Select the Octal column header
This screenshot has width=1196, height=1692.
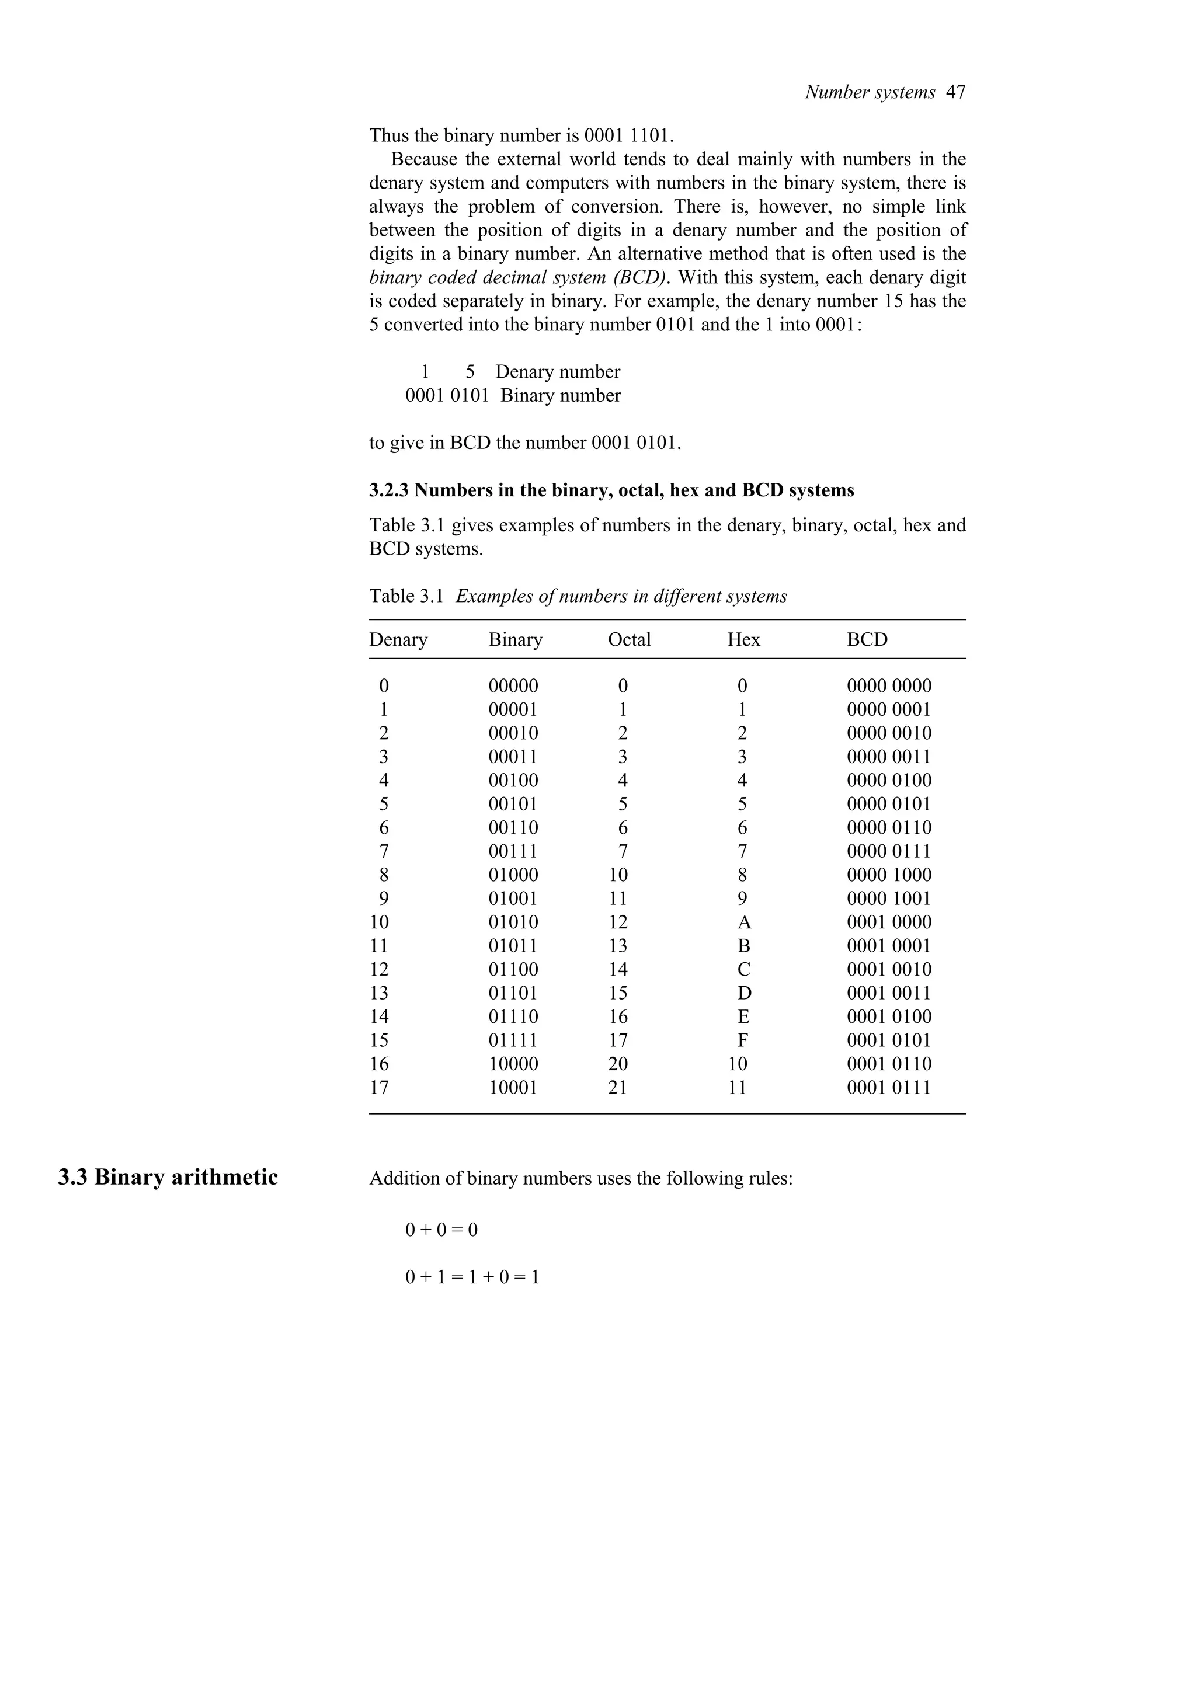(x=628, y=640)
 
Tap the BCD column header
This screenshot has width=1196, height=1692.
(x=867, y=640)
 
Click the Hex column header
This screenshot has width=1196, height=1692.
(x=743, y=640)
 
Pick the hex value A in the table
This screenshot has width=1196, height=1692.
(x=743, y=922)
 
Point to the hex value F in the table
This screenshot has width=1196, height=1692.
(x=743, y=1040)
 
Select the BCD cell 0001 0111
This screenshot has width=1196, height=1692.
(x=888, y=1088)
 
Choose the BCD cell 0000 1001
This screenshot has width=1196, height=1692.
(x=888, y=899)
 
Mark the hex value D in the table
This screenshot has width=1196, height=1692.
(x=743, y=993)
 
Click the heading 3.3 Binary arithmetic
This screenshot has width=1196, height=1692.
(x=168, y=1177)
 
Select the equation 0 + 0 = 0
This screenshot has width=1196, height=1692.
(x=441, y=1230)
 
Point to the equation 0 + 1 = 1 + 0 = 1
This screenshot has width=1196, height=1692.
(x=472, y=1277)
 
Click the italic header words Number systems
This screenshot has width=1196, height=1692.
(x=870, y=92)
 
